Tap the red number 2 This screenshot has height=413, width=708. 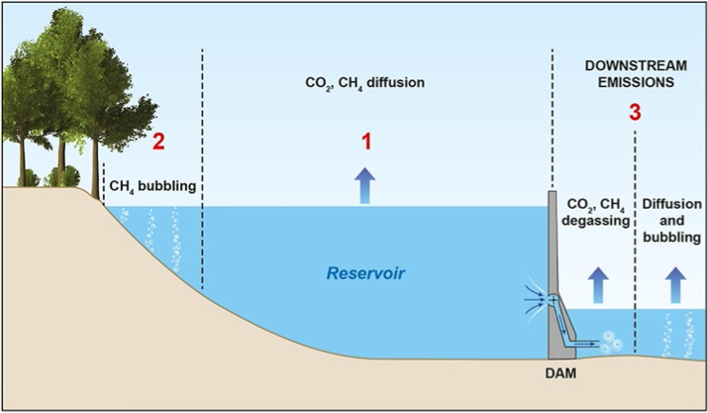click(159, 143)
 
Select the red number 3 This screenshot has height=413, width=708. click(634, 112)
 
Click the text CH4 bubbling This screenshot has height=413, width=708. click(153, 186)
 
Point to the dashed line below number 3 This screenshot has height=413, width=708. click(635, 236)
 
